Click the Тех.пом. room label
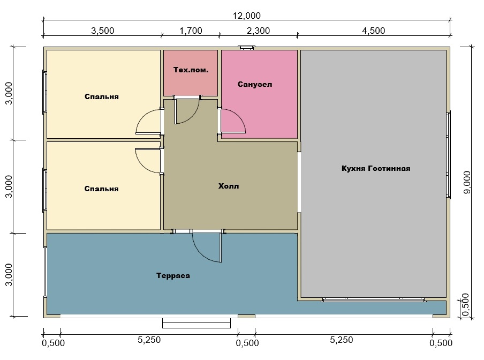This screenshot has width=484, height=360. [191, 70]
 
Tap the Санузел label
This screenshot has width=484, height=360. [255, 84]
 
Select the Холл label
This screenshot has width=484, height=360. [229, 186]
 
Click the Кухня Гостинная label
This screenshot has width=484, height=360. [376, 169]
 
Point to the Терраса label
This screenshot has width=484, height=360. [173, 276]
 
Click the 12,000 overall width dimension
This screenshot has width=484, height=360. [247, 16]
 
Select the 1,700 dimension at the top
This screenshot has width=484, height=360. [191, 31]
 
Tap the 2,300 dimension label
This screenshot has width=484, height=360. [259, 31]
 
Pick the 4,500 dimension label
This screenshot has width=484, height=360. [374, 31]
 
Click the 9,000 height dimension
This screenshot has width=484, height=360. [467, 182]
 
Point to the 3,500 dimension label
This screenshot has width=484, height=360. [102, 31]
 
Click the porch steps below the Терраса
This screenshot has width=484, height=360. [196, 322]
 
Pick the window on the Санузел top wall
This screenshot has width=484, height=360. [246, 48]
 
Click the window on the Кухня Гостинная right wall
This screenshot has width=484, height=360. [448, 154]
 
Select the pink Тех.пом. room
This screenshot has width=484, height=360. [191, 73]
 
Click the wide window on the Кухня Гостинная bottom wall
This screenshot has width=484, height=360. [374, 299]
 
